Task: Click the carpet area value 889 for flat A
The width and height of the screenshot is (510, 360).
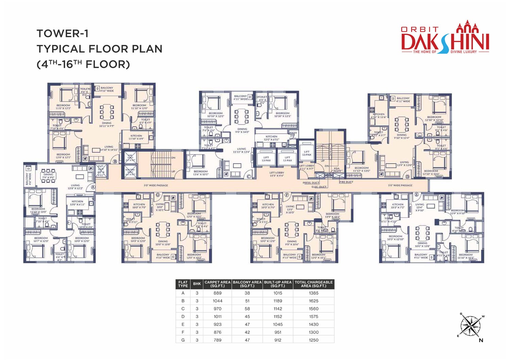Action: [x=217, y=293]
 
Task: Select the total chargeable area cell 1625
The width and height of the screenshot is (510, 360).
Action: [x=313, y=301]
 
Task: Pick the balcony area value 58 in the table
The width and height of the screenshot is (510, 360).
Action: [x=247, y=309]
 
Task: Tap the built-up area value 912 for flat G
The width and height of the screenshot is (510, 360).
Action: [x=277, y=340]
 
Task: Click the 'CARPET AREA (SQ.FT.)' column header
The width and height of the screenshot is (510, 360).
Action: [x=217, y=284]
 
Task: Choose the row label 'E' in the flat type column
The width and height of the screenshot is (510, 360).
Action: [x=183, y=324]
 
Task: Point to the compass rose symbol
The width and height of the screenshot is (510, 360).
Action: [x=471, y=326]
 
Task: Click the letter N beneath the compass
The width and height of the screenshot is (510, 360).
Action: [x=481, y=340]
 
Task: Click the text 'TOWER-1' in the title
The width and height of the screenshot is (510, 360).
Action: [x=63, y=34]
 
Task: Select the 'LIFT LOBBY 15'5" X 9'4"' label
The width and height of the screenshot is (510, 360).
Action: [x=277, y=174]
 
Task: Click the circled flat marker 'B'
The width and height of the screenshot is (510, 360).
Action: [x=115, y=161]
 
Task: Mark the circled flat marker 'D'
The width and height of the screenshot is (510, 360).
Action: [x=407, y=177]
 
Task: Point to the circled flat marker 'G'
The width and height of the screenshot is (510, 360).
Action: [x=157, y=195]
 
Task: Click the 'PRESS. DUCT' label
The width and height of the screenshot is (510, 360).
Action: [x=311, y=183]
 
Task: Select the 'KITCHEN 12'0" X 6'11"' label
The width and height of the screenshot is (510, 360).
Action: [x=271, y=138]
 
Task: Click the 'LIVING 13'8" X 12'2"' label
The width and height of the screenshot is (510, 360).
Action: [x=75, y=187]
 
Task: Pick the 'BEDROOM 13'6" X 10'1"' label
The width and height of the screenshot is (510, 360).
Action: [x=200, y=173]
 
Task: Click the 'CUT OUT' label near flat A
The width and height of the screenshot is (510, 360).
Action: [x=101, y=170]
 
